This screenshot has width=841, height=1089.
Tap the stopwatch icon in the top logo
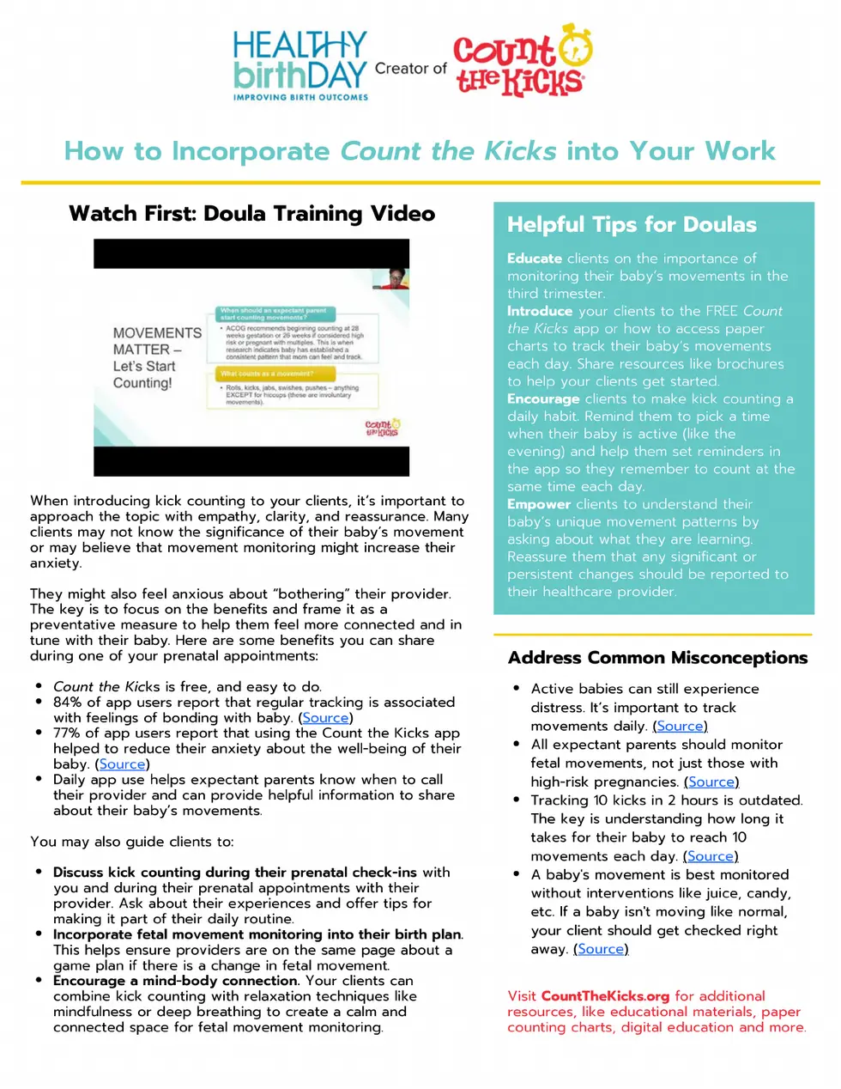[x=576, y=46]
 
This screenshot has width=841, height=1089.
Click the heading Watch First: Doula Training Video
[x=251, y=214]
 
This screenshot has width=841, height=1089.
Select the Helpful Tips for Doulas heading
[x=632, y=225]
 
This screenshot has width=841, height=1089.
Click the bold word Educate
[x=534, y=259]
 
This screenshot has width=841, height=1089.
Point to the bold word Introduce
[x=539, y=311]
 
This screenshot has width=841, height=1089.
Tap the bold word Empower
[x=538, y=504]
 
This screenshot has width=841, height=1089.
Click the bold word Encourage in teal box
[x=542, y=398]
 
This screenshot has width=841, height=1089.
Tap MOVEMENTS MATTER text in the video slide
[x=156, y=341]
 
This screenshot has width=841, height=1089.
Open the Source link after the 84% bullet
[x=325, y=718]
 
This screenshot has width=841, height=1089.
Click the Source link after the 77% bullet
[x=122, y=764]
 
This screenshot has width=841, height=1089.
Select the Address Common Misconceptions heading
[x=657, y=658]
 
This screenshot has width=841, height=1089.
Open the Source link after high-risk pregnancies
[x=711, y=782]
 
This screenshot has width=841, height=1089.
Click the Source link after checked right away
[x=601, y=949]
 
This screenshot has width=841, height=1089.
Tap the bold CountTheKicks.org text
[x=604, y=996]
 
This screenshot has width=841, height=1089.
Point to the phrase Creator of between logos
[x=410, y=69]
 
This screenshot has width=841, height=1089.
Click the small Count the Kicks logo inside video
[x=382, y=428]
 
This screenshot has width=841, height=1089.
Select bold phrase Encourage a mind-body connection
[x=175, y=981]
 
